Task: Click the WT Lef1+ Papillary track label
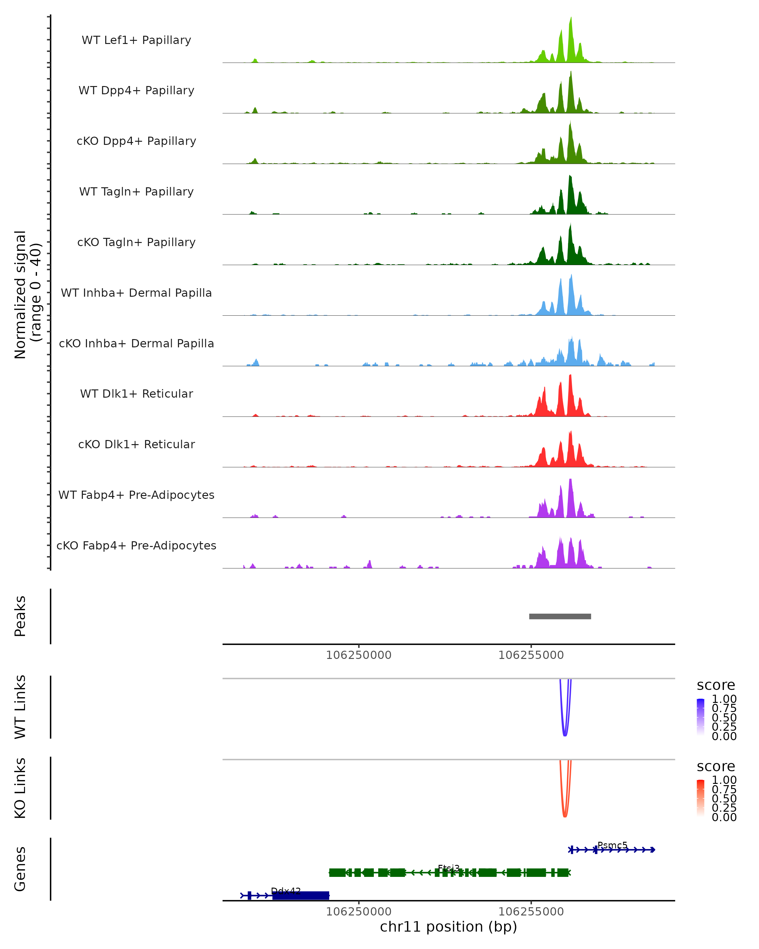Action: tap(136, 40)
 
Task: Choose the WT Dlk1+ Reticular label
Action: tap(136, 394)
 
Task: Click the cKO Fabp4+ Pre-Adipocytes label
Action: tap(136, 545)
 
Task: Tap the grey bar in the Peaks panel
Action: tap(560, 616)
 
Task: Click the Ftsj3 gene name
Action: tap(448, 868)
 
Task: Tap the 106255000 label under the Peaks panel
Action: tap(531, 655)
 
